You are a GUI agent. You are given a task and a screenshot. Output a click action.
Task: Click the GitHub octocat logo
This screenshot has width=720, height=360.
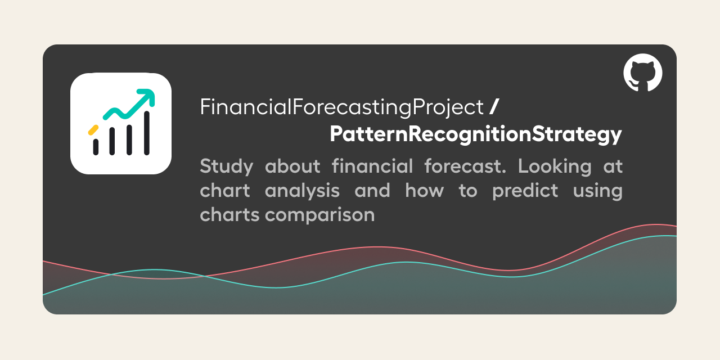(x=642, y=73)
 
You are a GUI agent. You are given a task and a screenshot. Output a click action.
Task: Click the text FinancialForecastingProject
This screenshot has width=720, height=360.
(x=341, y=107)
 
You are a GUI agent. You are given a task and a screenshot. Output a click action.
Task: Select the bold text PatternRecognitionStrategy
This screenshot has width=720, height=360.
(x=475, y=134)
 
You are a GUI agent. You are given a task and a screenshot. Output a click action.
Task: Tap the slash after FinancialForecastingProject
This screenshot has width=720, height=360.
(x=494, y=107)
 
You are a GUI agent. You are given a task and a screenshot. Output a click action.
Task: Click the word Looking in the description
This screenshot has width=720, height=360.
(x=555, y=166)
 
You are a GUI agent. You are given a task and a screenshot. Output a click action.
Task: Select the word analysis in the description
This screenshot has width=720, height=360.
(x=302, y=191)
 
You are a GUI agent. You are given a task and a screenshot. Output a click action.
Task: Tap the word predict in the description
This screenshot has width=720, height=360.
(x=525, y=191)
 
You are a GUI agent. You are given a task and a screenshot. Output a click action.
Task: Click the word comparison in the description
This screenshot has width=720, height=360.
(x=319, y=215)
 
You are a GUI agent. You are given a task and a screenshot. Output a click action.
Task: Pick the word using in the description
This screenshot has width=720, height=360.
(x=597, y=191)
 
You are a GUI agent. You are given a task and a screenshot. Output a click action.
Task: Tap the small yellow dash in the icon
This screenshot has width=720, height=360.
(x=93, y=130)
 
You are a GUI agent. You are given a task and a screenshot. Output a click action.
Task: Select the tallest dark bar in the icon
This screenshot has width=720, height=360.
(x=147, y=133)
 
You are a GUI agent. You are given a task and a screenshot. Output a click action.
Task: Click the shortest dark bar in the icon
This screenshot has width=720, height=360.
(x=96, y=146)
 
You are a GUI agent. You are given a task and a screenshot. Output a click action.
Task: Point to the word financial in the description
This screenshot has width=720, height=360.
(x=372, y=166)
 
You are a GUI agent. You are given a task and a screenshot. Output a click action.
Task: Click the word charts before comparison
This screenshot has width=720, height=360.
(x=229, y=215)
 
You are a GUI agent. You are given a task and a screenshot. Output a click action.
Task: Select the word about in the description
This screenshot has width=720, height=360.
(x=292, y=166)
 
